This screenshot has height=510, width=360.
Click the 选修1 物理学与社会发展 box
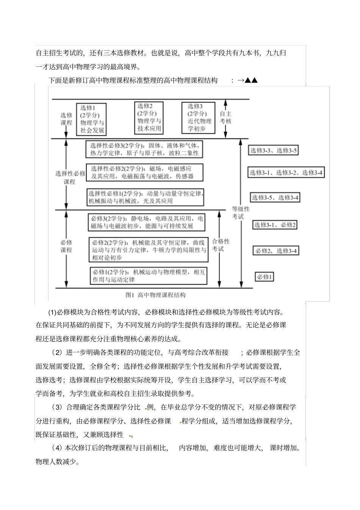[x=91, y=119]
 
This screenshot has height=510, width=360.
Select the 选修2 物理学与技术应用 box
[x=149, y=118]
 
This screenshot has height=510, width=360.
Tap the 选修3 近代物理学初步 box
[x=199, y=118]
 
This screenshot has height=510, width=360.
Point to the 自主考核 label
[x=225, y=118]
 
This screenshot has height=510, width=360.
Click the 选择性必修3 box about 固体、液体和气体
[x=144, y=149]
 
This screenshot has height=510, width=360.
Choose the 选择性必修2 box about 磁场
[x=144, y=173]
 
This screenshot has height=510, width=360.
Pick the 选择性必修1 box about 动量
[x=145, y=197]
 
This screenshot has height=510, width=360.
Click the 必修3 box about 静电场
[x=147, y=222]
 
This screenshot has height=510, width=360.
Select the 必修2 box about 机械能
[x=149, y=250]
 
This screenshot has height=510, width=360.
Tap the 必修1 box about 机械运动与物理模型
[x=149, y=276]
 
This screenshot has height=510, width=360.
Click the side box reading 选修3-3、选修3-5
[x=273, y=151]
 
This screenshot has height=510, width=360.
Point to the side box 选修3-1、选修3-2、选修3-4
[x=286, y=173]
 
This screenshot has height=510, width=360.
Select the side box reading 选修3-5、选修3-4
[x=275, y=198]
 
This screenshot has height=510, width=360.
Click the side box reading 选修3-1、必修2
[x=275, y=225]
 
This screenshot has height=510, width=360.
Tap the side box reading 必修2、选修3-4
[x=276, y=251]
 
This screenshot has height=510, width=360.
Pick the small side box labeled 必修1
[x=264, y=277]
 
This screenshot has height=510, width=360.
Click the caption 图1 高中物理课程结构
[x=155, y=295]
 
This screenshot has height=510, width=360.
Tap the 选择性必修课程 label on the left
[x=70, y=177]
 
